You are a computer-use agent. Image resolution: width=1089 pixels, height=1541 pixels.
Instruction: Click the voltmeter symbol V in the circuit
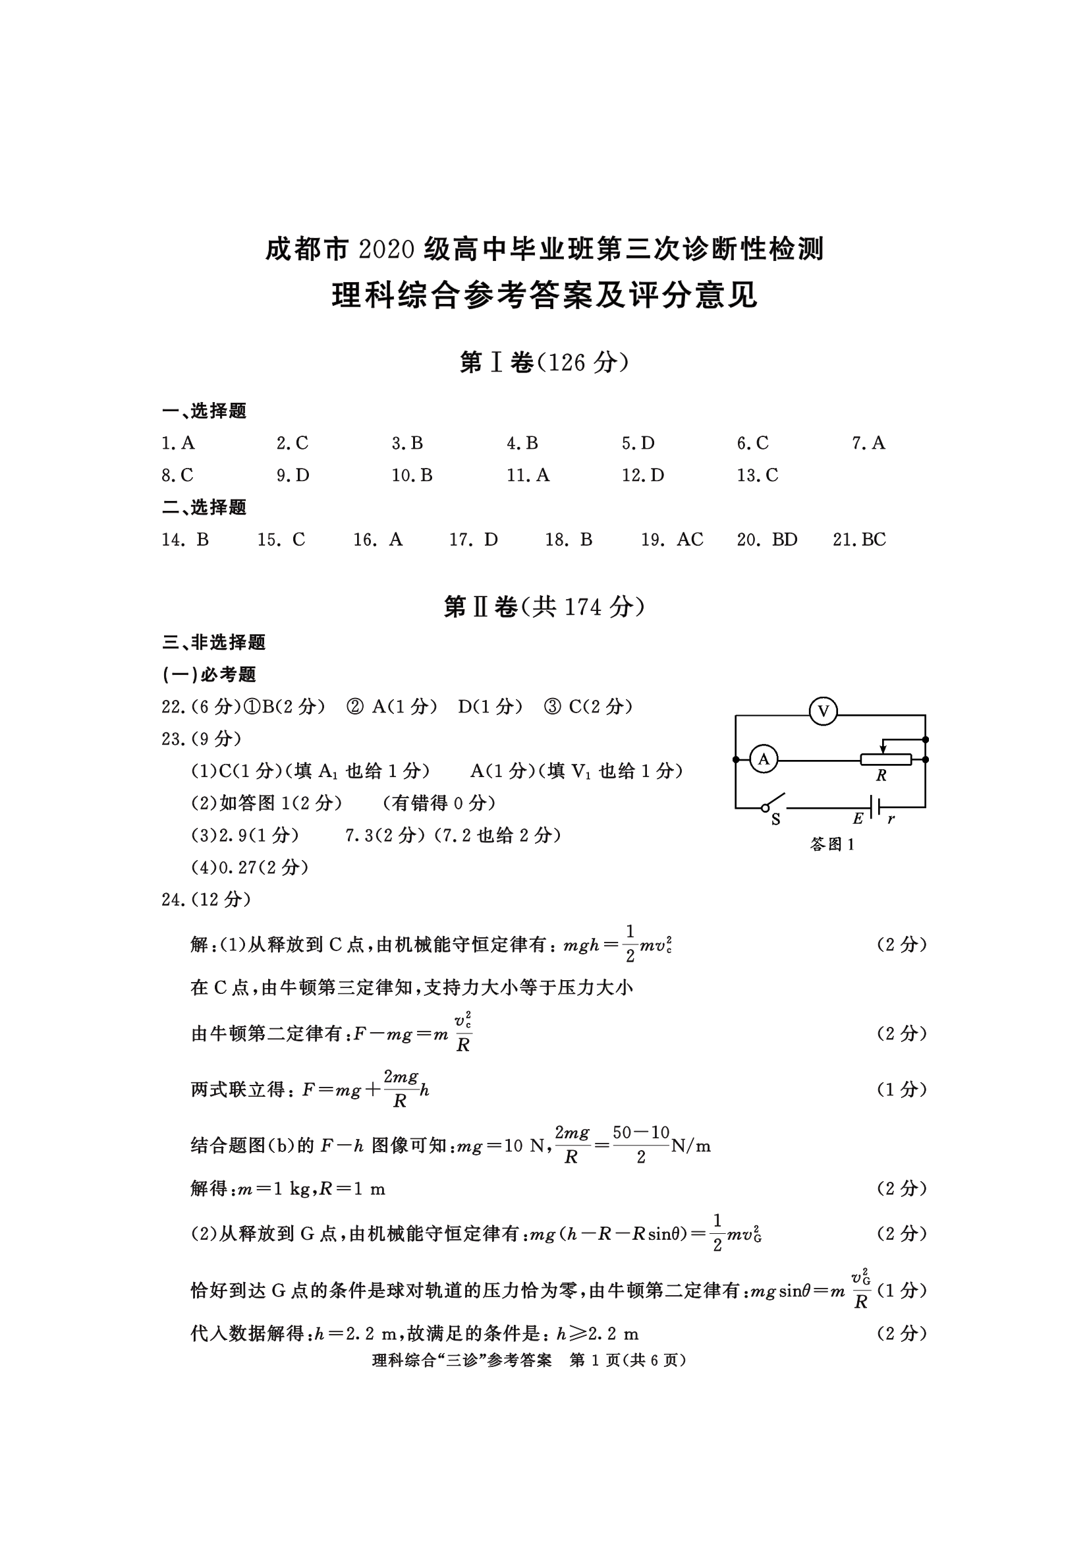tap(824, 711)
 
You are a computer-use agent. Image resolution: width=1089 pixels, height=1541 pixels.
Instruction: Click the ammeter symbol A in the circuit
tap(763, 759)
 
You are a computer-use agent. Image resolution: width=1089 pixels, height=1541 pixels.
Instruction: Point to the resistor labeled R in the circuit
tap(885, 760)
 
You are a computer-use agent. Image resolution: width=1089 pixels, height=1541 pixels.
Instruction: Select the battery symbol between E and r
tap(874, 807)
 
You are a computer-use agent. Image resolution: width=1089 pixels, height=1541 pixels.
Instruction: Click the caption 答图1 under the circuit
tap(832, 845)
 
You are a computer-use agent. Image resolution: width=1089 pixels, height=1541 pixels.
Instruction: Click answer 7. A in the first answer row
tap(868, 443)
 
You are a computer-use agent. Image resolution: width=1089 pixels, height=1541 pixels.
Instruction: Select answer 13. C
tap(757, 475)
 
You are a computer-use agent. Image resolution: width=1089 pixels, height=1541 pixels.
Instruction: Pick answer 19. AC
tap(672, 540)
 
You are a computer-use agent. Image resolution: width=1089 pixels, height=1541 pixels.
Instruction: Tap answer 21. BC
tap(859, 540)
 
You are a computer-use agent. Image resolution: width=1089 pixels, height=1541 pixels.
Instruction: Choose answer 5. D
tap(638, 443)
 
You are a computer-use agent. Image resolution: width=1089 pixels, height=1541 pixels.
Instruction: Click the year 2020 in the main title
tap(387, 250)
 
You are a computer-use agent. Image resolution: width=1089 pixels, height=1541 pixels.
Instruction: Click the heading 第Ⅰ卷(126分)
tap(544, 363)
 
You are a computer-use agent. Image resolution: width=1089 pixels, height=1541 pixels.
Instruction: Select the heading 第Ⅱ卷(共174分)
tap(544, 608)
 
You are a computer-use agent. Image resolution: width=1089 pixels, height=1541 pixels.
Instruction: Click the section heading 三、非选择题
tap(214, 643)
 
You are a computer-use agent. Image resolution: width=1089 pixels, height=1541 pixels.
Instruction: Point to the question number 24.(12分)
tap(206, 900)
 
